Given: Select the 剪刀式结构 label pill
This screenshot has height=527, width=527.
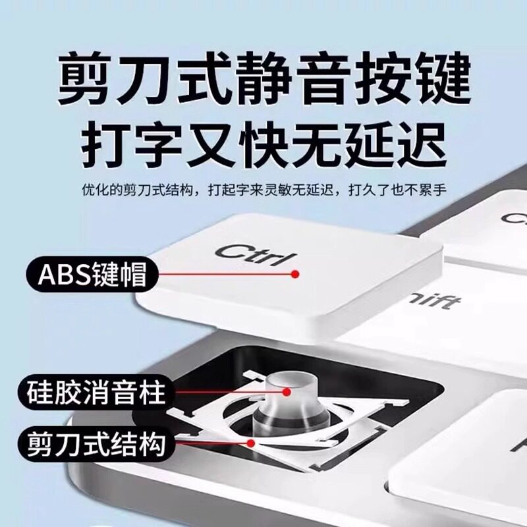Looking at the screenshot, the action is click(96, 443).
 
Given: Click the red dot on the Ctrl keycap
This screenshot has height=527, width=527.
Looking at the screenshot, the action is click(295, 274).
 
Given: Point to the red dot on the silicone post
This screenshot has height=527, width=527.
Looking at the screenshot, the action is click(287, 391).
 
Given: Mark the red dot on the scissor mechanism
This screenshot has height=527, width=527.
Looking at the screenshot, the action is click(250, 443).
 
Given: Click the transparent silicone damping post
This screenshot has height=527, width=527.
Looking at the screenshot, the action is click(290, 402).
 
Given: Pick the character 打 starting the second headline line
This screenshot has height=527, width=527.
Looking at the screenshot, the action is click(103, 145).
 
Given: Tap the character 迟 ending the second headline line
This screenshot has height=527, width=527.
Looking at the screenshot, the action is click(424, 145).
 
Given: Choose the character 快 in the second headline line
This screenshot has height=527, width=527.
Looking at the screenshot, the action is click(264, 145).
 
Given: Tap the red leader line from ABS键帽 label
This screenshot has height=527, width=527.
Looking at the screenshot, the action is click(226, 274).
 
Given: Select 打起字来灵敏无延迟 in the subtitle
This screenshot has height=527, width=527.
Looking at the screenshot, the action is click(271, 190).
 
